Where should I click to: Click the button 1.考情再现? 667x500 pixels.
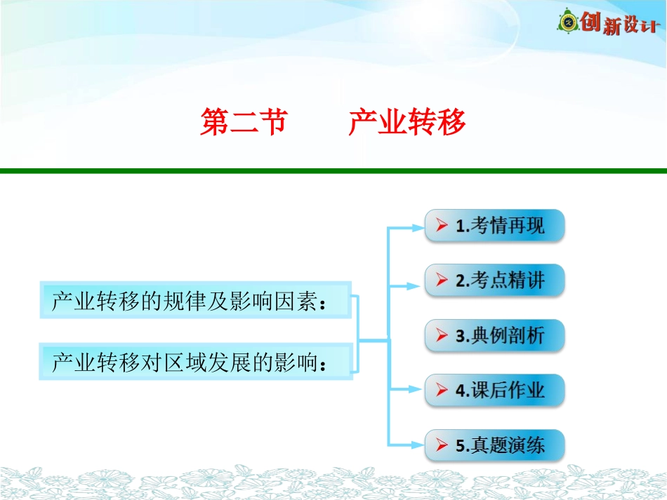[x=494, y=226]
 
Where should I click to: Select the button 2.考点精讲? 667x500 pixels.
[x=494, y=281]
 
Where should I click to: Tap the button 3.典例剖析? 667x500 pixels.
[x=494, y=335]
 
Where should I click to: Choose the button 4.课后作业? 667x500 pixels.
[x=494, y=390]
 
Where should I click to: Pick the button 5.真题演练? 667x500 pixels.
[x=494, y=445]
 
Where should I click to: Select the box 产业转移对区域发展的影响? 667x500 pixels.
[x=195, y=362]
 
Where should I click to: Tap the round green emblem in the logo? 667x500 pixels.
[x=567, y=23]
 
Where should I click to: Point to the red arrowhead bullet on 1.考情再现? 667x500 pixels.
[x=442, y=226]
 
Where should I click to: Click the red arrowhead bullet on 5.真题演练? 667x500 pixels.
[x=442, y=445]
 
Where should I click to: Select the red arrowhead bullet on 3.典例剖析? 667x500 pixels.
[x=442, y=335]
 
